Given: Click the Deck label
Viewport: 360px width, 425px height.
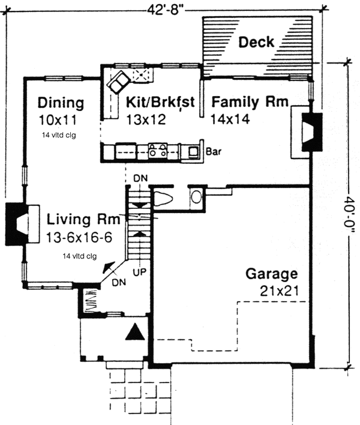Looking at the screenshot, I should pyautogui.click(x=256, y=42).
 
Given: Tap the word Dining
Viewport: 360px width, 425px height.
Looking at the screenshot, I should pyautogui.click(x=60, y=101).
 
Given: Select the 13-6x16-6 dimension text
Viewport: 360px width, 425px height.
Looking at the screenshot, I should pyautogui.click(x=79, y=237).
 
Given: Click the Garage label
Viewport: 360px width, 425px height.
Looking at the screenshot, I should pyautogui.click(x=271, y=274).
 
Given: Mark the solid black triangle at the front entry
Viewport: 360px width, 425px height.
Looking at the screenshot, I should pyautogui.click(x=134, y=332).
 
